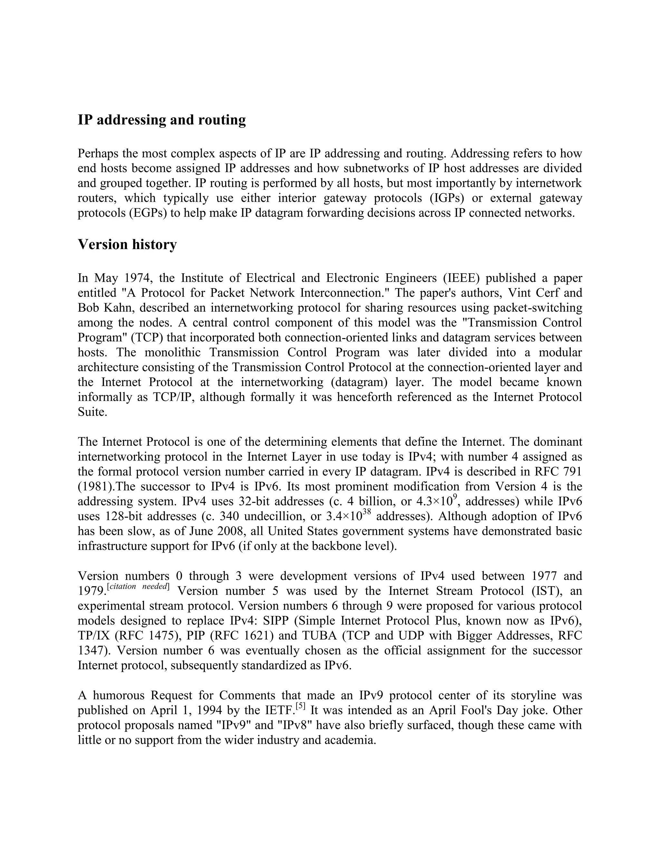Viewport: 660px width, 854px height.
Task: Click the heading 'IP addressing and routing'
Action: click(x=161, y=120)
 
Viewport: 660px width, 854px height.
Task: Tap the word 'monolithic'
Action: click(x=172, y=352)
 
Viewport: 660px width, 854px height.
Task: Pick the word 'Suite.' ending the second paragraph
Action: click(x=92, y=412)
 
